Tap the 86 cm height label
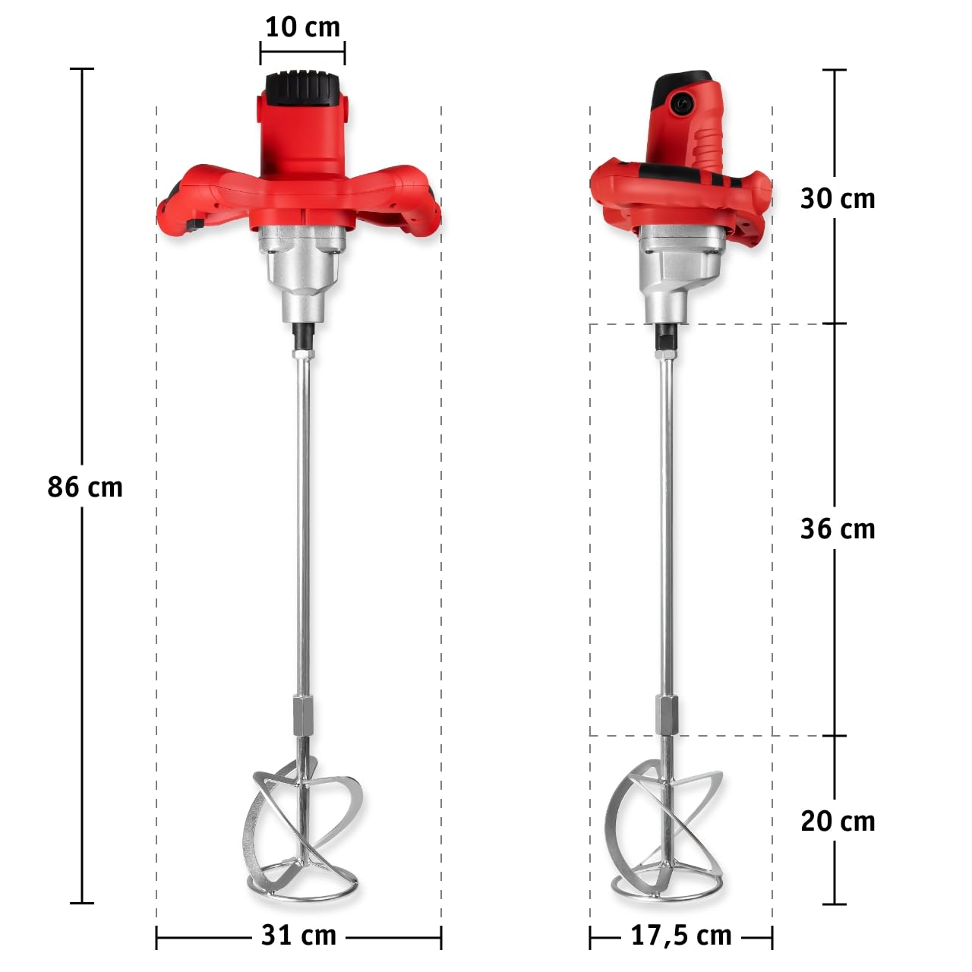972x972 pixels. coord(85,487)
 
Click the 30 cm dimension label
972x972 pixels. coord(838,198)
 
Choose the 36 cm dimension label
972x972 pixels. coord(838,529)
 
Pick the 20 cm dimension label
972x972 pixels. coord(838,822)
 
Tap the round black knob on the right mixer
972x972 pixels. coord(682,103)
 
